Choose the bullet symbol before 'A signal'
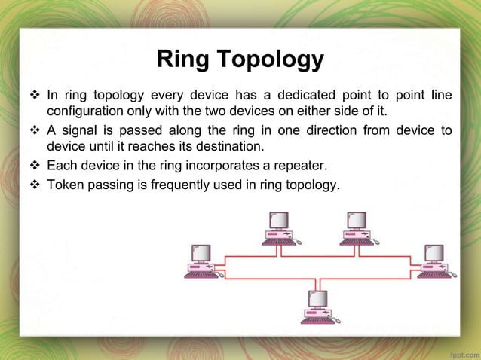(36, 130)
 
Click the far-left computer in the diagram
(201, 261)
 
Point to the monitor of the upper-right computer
(357, 220)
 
